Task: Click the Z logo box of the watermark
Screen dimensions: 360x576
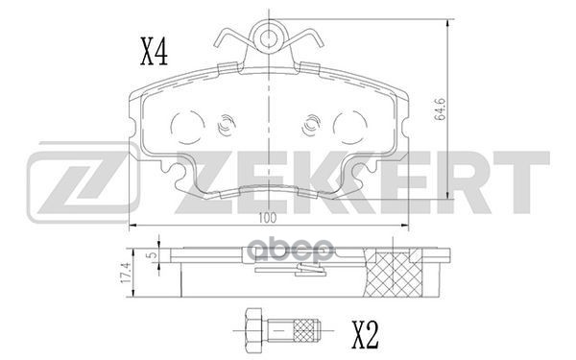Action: pos(73,182)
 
